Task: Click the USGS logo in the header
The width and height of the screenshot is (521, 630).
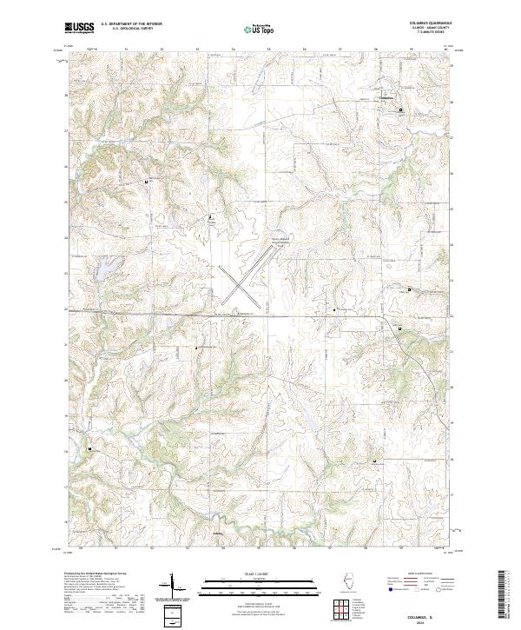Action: point(80,28)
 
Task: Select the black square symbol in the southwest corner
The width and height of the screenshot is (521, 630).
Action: point(89,448)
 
